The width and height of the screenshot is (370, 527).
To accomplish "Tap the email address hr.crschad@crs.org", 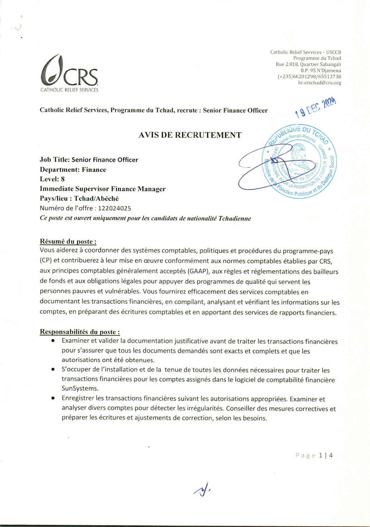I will (x=319, y=83).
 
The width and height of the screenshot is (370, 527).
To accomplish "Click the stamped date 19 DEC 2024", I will (x=316, y=107).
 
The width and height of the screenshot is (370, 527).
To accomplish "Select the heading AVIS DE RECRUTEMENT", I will (x=190, y=135).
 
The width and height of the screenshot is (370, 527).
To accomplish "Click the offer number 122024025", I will (x=114, y=208).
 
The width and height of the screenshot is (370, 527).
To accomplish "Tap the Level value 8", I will (x=63, y=179).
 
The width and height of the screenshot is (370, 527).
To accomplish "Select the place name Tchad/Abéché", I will (x=96, y=199).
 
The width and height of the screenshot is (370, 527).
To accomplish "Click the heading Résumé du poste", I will (x=68, y=241).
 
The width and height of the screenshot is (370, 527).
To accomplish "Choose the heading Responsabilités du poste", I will (x=80, y=332).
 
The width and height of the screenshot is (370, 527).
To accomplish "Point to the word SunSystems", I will (x=80, y=388).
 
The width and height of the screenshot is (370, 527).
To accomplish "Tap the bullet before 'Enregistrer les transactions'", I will (x=54, y=398).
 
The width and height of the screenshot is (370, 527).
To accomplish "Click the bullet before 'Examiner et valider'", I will (x=54, y=341).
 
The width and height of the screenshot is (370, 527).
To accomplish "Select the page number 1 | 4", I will (x=326, y=455).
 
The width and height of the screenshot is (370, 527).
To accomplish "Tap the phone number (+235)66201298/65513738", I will (x=309, y=77).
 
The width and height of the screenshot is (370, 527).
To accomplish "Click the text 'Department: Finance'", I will (x=73, y=170).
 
